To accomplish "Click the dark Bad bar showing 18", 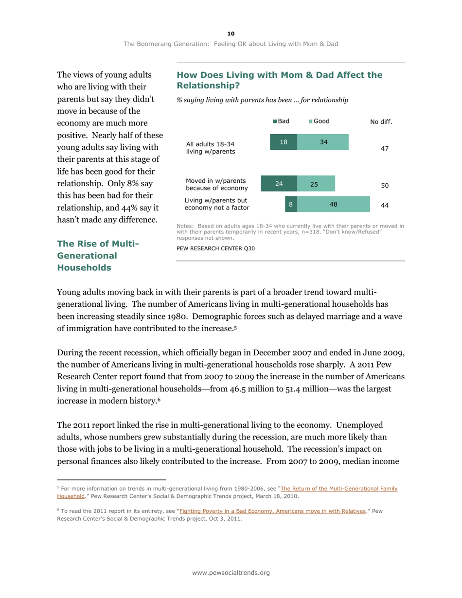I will (x=284, y=142).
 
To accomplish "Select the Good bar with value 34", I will (x=323, y=142).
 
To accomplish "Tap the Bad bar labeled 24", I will (x=279, y=184).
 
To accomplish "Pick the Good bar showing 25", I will (x=316, y=184).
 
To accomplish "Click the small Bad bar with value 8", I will (x=291, y=204).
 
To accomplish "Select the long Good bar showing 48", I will (x=333, y=204).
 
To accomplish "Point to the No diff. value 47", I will (x=384, y=148).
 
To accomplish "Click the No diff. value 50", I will (x=384, y=186).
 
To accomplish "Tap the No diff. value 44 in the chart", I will (x=384, y=205).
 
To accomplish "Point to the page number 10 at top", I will (x=231, y=33).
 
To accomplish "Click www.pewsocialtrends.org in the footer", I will (x=231, y=573).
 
